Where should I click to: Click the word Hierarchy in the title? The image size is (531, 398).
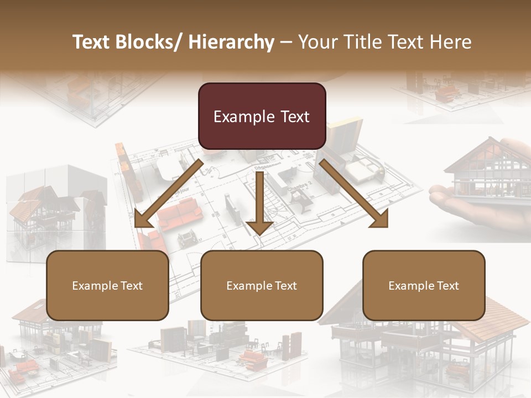click(x=231, y=42)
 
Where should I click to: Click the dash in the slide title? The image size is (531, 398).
click(x=286, y=42)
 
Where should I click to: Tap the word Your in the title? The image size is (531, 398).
click(x=317, y=42)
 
